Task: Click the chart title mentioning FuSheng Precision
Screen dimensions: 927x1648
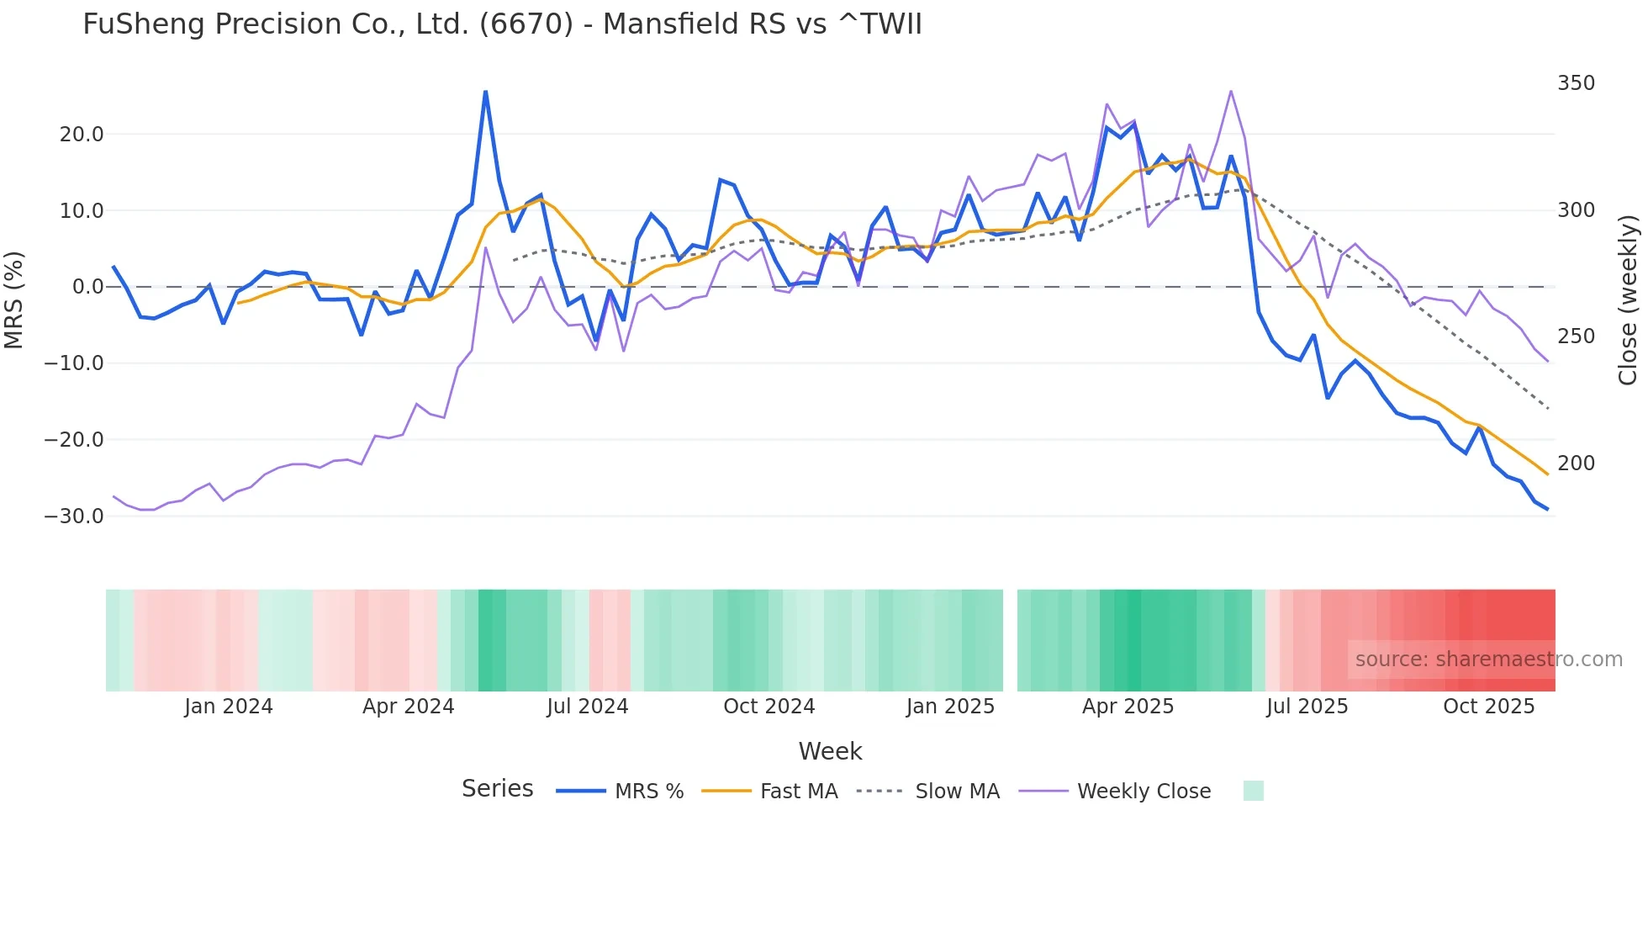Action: click(x=502, y=24)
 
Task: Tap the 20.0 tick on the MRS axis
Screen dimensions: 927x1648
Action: click(x=82, y=135)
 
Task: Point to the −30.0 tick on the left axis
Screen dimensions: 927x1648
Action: click(x=74, y=516)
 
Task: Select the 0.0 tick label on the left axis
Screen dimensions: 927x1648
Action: click(x=87, y=287)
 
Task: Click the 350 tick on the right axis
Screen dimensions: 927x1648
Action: click(x=1576, y=83)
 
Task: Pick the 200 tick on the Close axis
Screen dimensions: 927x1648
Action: click(x=1576, y=463)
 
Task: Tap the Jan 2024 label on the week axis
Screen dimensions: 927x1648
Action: click(x=229, y=707)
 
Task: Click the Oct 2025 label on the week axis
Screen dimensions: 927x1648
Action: click(x=1488, y=707)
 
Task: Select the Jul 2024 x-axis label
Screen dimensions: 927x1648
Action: click(x=587, y=707)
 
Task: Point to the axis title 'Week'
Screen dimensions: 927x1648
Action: click(x=830, y=751)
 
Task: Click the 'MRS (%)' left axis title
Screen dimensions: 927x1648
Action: click(x=14, y=299)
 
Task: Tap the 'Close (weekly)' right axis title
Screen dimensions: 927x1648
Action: click(x=1628, y=299)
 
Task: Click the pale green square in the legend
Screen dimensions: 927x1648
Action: click(x=1253, y=791)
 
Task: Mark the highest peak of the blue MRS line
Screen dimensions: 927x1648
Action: click(x=485, y=92)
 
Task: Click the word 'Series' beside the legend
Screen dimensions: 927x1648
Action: click(x=497, y=789)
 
